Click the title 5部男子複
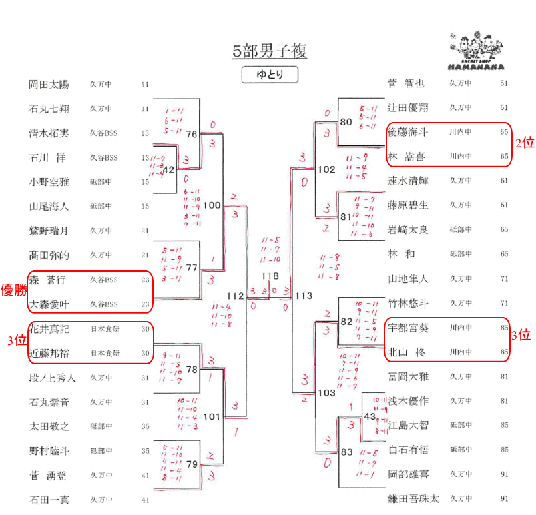click(270, 51)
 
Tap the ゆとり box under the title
click(270, 75)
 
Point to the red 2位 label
click(523, 143)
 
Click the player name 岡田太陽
click(49, 85)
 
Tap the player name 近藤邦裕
click(49, 353)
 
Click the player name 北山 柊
click(407, 352)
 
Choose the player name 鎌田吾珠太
click(414, 498)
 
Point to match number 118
click(270, 276)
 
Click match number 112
click(236, 296)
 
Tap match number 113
click(303, 296)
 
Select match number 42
click(168, 170)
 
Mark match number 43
click(370, 416)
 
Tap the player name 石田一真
click(49, 499)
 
